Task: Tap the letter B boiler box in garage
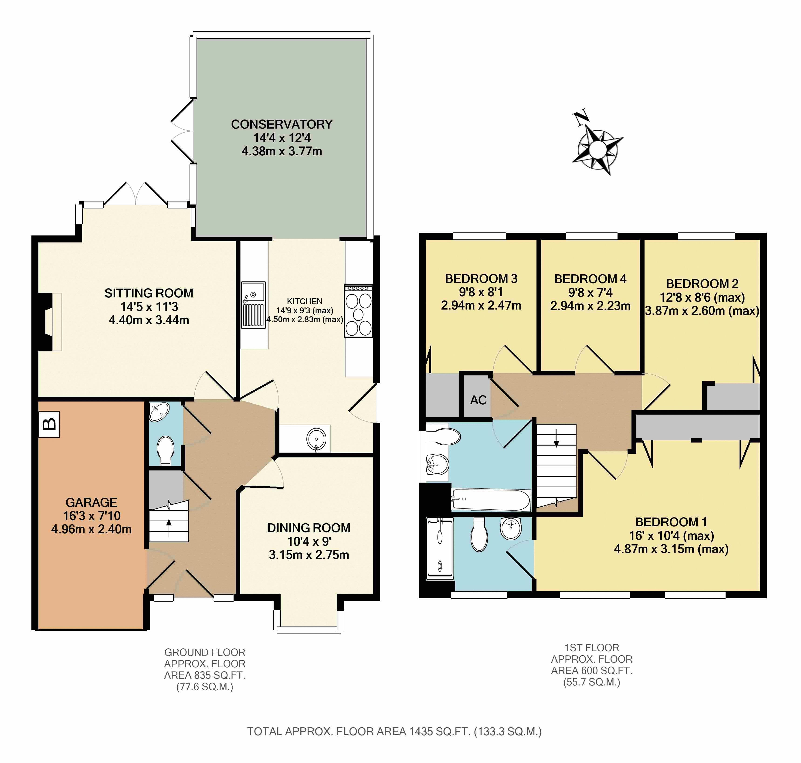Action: pyautogui.click(x=49, y=424)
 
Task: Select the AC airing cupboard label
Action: pyautogui.click(x=478, y=400)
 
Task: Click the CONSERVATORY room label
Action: pyautogui.click(x=282, y=124)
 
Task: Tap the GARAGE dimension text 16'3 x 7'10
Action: pyautogui.click(x=92, y=516)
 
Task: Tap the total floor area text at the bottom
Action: pyautogui.click(x=394, y=732)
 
